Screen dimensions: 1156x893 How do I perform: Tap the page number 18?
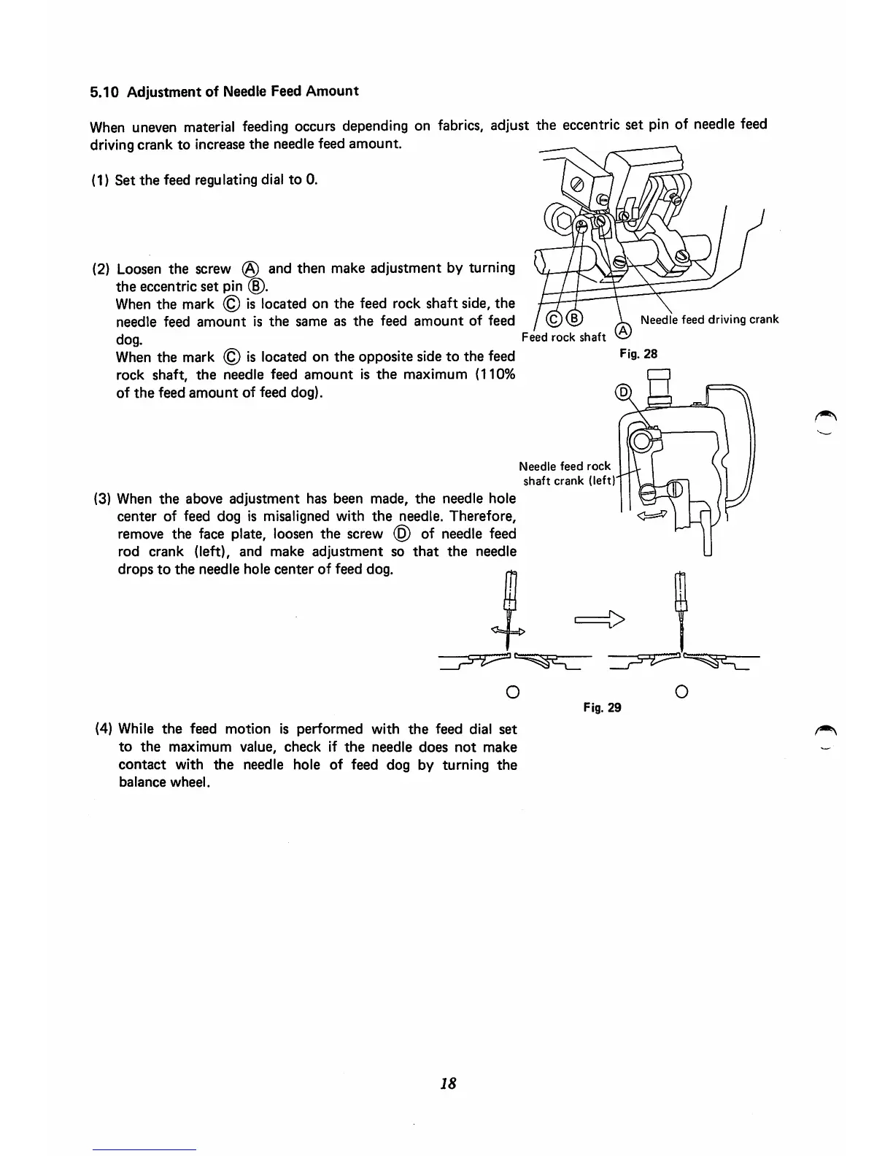click(x=448, y=1084)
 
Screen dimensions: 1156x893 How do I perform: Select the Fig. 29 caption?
click(x=602, y=707)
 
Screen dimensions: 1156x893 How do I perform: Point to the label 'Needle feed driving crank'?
click(x=709, y=319)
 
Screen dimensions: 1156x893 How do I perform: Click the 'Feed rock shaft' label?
click(x=564, y=336)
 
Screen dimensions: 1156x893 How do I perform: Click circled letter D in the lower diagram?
click(x=623, y=392)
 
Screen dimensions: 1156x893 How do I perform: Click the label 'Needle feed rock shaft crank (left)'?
click(x=567, y=473)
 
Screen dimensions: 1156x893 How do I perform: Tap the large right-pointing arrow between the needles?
click(x=600, y=621)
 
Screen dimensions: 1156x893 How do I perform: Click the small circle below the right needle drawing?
click(x=681, y=690)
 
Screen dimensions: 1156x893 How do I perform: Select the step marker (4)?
click(x=104, y=729)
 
